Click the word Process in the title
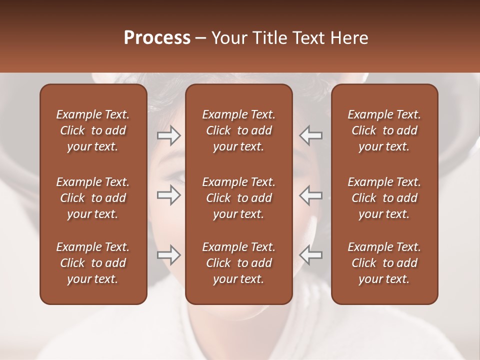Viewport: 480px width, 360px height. coord(157,38)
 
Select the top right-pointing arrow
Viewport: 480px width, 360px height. coord(168,135)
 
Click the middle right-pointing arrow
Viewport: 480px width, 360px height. coord(168,195)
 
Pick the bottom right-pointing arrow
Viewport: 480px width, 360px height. coord(168,255)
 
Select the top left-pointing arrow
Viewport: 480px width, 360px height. coord(311,135)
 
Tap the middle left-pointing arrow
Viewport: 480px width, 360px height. coord(311,195)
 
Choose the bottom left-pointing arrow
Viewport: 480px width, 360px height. coord(311,255)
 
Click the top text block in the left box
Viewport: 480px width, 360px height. coord(93,130)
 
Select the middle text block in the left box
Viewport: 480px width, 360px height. coord(93,198)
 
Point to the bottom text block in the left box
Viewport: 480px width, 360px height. coord(93,263)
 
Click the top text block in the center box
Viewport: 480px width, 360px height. coord(238,130)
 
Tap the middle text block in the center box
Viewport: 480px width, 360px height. coord(238,198)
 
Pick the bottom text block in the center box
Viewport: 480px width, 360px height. coord(238,263)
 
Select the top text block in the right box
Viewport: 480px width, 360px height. coord(384,130)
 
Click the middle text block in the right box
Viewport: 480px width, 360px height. coord(384,198)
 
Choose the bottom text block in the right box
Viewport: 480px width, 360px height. coord(384,263)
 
